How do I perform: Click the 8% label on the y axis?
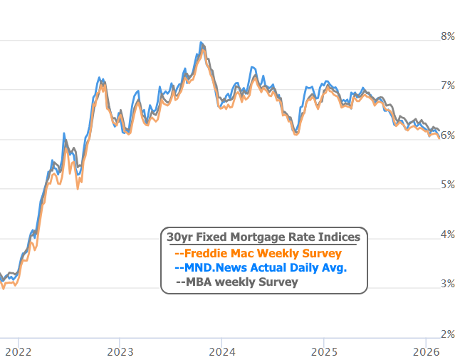448,36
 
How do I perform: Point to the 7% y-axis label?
448,86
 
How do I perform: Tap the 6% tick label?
448,135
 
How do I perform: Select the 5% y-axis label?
448,185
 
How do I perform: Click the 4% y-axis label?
448,235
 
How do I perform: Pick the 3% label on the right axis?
448,284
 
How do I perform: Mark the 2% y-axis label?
448,334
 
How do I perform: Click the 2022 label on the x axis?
17,351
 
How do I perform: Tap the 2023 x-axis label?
120,351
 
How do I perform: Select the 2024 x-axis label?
222,351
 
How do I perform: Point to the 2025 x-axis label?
324,351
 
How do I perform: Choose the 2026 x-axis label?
426,351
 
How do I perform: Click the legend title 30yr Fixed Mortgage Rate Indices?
263,237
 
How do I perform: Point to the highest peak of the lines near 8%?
202,43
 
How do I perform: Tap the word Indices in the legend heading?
339,237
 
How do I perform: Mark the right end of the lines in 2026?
439,133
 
